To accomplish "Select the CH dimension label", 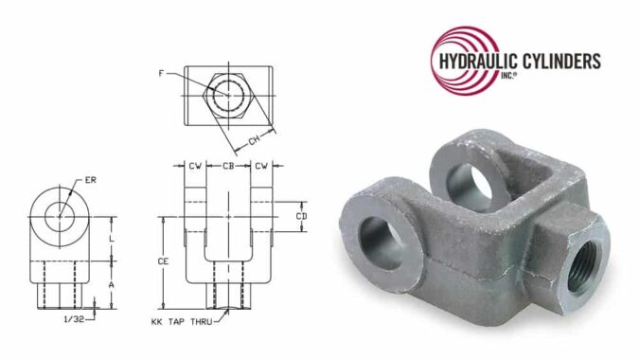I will coord(253,141).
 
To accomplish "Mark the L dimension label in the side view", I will coord(113,240).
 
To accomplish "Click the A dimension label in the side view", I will coord(113,282).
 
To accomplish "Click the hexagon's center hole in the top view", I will coord(227,95).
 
